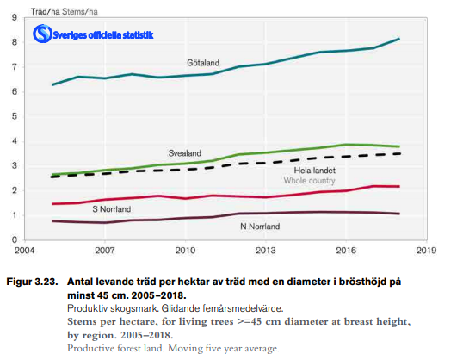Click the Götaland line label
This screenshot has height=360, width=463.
tap(202, 63)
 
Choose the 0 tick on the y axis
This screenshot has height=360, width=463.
tap(15, 239)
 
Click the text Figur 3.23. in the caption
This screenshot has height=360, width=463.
tap(32, 282)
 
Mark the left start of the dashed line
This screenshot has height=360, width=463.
tap(52, 176)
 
